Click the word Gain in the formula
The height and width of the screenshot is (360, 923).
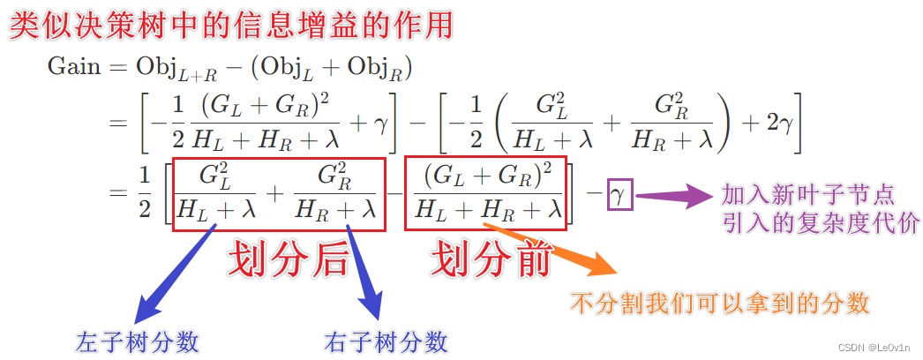tap(74, 68)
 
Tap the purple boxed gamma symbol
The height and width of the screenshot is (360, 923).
tap(620, 195)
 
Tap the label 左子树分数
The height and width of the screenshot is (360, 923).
tap(137, 341)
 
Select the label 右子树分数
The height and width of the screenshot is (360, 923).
tap(386, 341)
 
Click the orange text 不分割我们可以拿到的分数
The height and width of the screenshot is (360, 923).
tap(720, 304)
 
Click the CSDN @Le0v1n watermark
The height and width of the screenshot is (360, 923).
tap(876, 348)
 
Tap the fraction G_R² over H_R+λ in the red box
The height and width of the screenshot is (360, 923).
tap(334, 195)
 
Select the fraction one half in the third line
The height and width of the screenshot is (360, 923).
tap(143, 194)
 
